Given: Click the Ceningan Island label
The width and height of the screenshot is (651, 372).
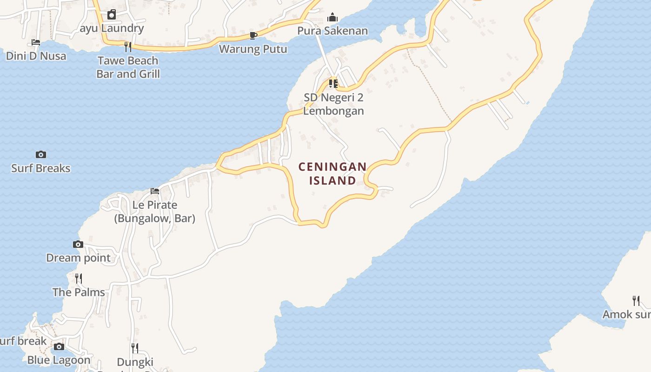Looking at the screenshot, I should pos(332,173).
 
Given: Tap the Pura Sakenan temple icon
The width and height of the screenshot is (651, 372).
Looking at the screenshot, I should pos(332,18).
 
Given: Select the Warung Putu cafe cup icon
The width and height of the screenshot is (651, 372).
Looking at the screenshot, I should pos(253,35).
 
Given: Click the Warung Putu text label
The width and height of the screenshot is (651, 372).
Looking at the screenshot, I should pos(253,49).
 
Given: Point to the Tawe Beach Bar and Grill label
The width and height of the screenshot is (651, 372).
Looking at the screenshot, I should pos(128,67).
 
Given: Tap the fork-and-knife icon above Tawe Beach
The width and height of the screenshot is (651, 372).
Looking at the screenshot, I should pos(128,46).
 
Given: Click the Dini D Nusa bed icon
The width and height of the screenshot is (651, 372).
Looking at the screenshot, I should pos(36,42).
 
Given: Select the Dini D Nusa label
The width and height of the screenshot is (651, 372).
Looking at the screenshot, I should pos(36,56).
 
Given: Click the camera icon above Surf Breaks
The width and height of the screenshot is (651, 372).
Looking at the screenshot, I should pos(41,154).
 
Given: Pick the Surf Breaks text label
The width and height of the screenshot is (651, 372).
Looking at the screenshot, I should pos(41,168).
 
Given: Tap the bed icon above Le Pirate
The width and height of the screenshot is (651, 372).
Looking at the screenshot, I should pos(155,191).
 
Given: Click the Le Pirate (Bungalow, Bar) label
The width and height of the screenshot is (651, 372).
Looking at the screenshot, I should pos(155,212).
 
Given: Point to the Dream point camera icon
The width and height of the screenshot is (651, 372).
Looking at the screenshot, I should pos(78,244).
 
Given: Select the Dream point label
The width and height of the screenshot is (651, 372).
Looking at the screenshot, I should pos(78,258).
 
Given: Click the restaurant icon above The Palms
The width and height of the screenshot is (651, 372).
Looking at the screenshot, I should pos(79,278).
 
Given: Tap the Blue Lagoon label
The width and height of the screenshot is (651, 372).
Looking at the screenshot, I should pos(59,360).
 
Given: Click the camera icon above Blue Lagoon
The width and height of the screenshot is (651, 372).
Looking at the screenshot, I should pos(59,346).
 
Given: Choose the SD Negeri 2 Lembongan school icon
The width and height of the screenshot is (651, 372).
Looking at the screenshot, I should pos(333,84).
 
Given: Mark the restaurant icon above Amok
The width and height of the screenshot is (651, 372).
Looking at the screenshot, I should pos(636,300).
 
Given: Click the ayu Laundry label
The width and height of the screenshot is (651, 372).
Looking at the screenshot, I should pos(112,28).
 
